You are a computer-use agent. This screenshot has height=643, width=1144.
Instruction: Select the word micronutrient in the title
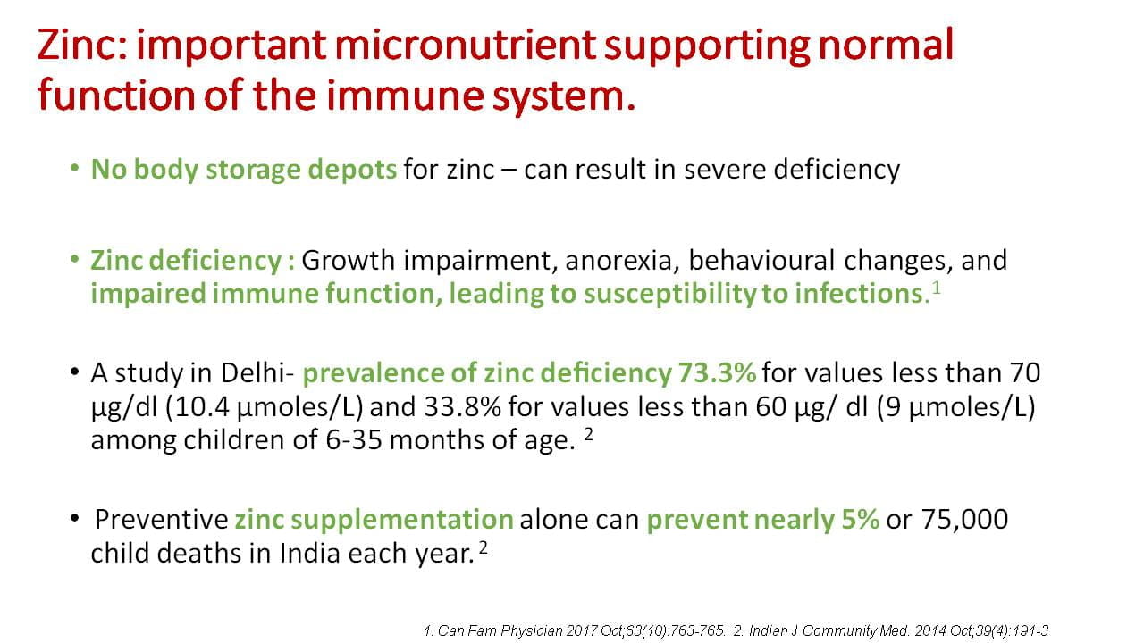click(466, 45)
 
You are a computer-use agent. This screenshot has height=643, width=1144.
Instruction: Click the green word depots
click(352, 170)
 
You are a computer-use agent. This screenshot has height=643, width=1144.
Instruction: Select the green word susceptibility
click(669, 294)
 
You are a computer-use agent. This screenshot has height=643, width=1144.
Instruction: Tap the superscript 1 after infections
click(936, 288)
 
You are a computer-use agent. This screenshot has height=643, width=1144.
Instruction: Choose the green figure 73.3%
click(717, 372)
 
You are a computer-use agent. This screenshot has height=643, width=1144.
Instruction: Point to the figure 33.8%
click(463, 406)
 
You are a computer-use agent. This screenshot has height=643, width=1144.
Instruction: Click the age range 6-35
click(354, 439)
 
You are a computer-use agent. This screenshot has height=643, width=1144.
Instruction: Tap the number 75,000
click(964, 520)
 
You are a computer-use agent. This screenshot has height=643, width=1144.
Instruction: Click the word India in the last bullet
click(309, 553)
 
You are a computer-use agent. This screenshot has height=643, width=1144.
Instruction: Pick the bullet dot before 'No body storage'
click(74, 168)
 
